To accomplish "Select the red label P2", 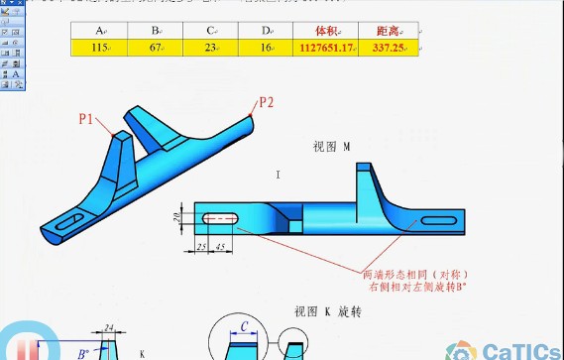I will (266, 101).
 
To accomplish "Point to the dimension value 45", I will (220, 245).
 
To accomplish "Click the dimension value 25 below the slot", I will (199, 245).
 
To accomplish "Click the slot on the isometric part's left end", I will (64, 223).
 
